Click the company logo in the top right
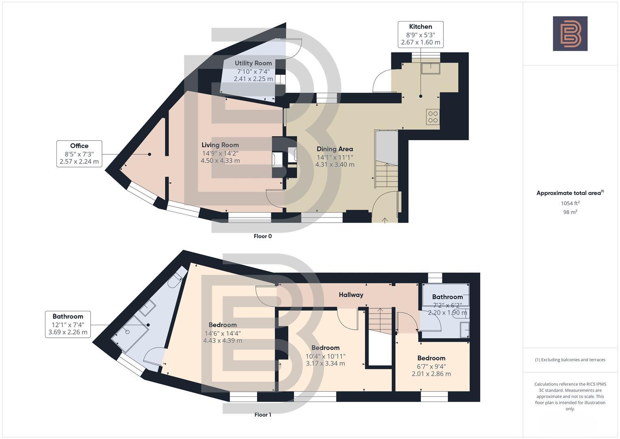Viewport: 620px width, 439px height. click(570, 33)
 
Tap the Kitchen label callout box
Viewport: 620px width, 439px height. click(420, 35)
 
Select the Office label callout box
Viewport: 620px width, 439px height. click(79, 154)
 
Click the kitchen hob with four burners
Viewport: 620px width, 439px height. click(433, 117)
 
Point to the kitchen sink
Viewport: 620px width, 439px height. click(430, 68)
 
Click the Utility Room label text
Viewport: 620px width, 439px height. click(253, 63)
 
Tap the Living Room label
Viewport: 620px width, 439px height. click(220, 145)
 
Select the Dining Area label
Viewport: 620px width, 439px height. click(335, 149)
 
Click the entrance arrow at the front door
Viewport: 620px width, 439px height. click(385, 220)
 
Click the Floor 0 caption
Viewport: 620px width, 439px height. click(263, 236)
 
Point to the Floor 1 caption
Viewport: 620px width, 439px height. click(263, 415)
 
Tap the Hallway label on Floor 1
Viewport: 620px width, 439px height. click(351, 295)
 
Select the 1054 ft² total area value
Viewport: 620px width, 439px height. click(570, 203)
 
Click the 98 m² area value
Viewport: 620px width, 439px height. click(570, 212)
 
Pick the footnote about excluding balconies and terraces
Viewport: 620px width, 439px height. click(570, 360)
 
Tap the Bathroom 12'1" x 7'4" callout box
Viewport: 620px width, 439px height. click(68, 324)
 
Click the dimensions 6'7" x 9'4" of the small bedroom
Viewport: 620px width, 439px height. click(431, 366)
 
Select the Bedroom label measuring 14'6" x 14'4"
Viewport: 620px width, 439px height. click(223, 325)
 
